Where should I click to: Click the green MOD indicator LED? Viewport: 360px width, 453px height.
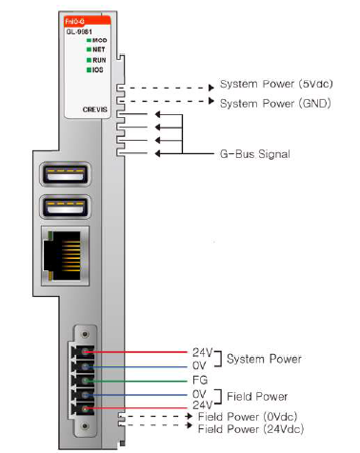coord(87,41)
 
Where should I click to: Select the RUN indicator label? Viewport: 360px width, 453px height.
coord(99,60)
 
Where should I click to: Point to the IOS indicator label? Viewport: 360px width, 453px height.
coord(98,69)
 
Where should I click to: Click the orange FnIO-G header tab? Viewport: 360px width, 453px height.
coord(78,19)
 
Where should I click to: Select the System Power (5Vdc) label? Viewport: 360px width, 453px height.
coord(276,85)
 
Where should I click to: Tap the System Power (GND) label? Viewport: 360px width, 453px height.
coord(275,102)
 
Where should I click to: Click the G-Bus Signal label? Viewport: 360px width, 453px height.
coord(256,153)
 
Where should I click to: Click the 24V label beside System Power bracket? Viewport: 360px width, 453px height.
coord(201,352)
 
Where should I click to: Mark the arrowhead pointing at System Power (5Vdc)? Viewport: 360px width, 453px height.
coord(211,86)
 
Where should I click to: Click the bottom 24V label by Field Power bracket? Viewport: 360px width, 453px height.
coord(201,404)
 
